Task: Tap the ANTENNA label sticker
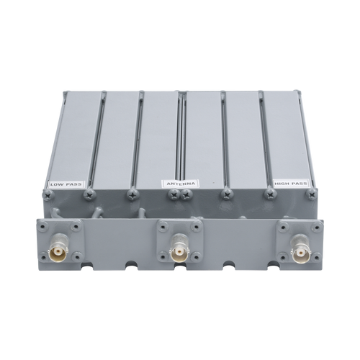click(x=181, y=184)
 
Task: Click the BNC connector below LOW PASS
click(x=57, y=251)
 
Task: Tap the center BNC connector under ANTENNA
click(x=178, y=250)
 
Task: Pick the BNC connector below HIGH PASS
click(x=300, y=250)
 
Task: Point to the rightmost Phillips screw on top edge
click(x=313, y=194)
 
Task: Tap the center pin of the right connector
click(x=300, y=253)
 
